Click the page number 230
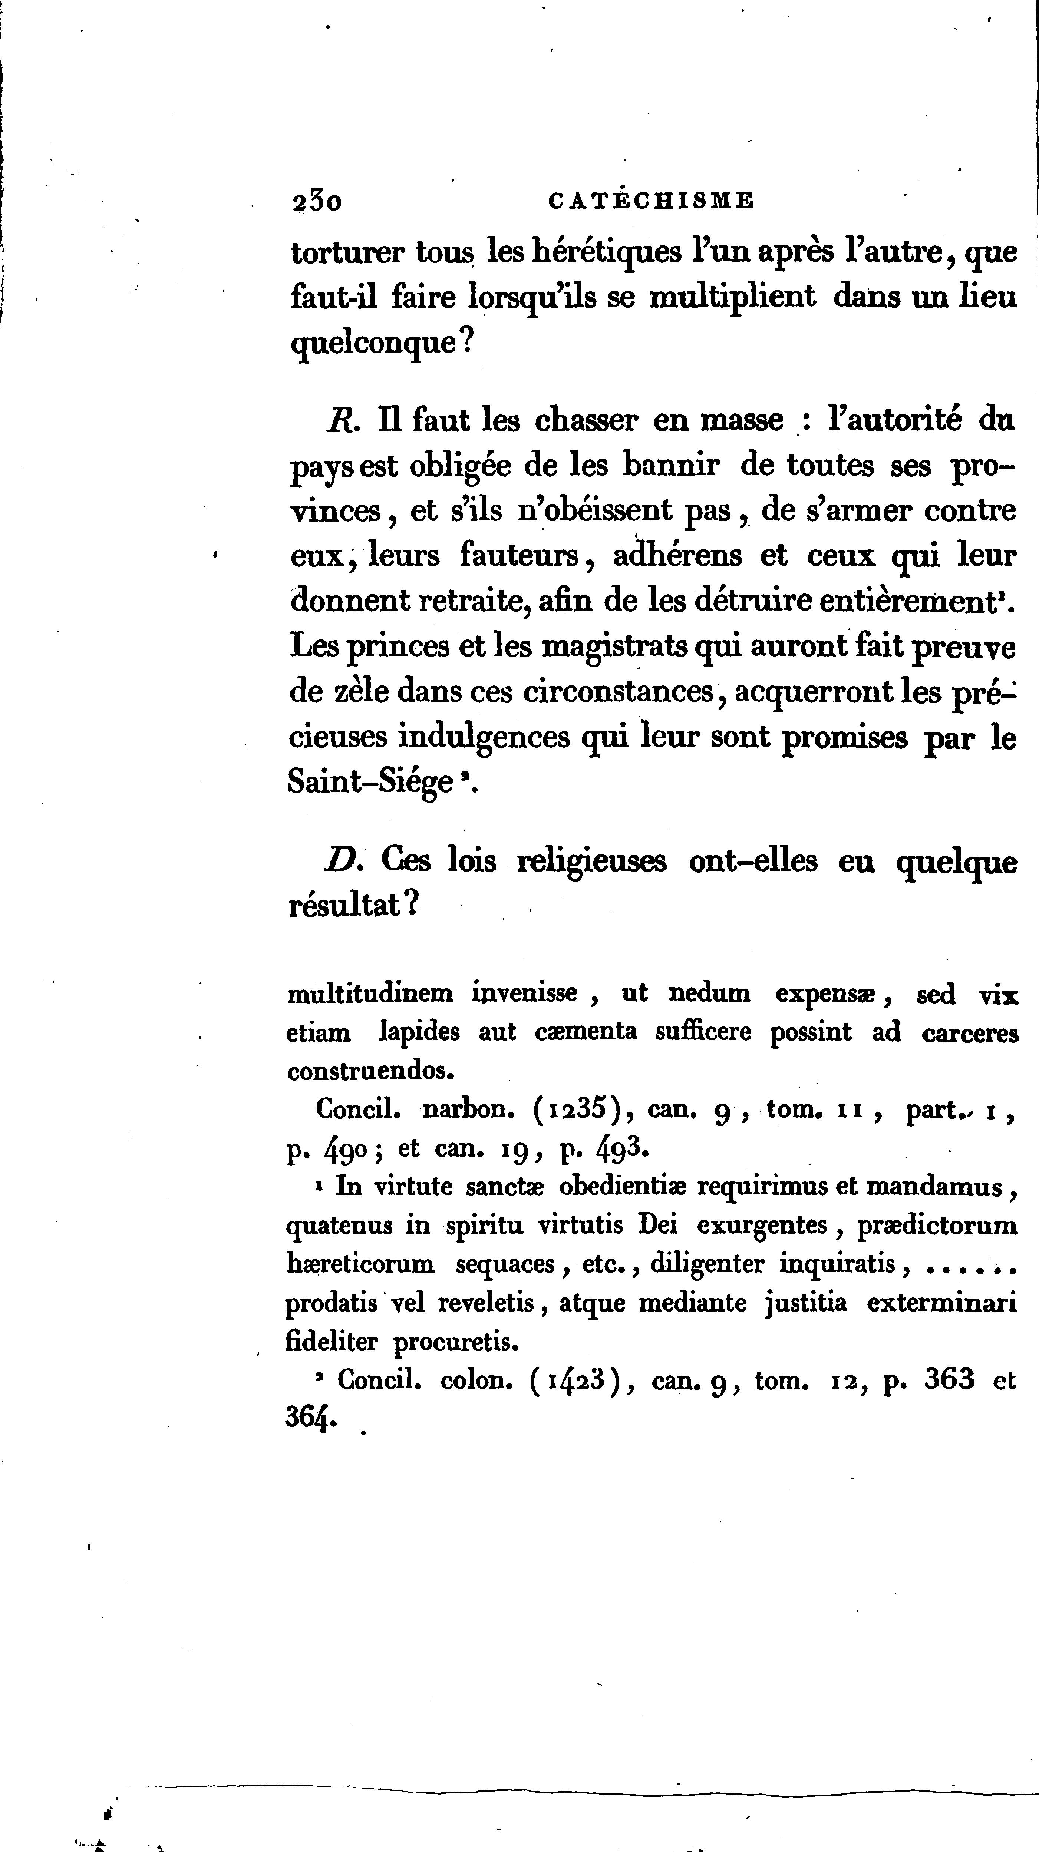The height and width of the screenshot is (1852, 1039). coord(316,203)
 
